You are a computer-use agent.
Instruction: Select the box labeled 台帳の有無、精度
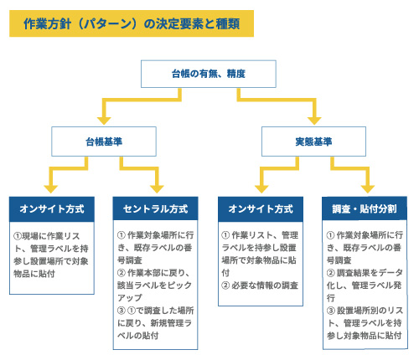point(209,74)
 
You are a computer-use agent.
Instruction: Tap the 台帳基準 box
point(104,141)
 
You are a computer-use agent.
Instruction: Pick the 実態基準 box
point(313,141)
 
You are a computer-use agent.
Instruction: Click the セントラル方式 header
point(155,208)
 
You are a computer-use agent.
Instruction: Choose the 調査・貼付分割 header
point(365,208)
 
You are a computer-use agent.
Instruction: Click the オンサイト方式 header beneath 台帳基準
point(52,209)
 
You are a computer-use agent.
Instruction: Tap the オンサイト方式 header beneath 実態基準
point(261,209)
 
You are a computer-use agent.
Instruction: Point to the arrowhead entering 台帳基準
point(104,121)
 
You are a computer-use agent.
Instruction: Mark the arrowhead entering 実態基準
point(314,121)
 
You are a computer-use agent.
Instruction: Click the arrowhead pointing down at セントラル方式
point(157,189)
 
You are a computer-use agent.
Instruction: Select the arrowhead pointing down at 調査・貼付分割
point(368,189)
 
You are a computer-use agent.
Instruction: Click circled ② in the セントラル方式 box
point(122,273)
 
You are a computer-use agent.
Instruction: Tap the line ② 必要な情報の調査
point(260,285)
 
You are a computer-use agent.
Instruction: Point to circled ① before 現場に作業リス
point(18,236)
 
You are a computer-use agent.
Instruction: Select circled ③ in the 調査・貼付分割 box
point(331,311)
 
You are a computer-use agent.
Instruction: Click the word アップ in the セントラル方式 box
point(130,298)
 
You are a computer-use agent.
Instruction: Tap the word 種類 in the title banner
point(228,23)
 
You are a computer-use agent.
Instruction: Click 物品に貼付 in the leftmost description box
point(34,274)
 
